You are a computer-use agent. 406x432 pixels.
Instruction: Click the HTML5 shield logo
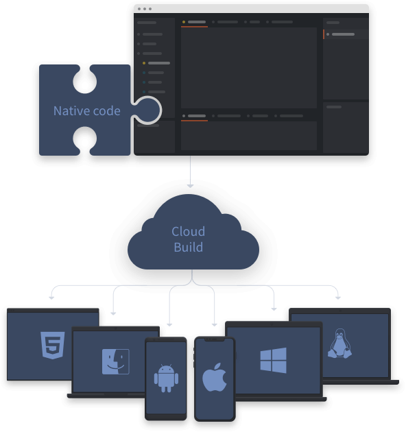[x=53, y=345]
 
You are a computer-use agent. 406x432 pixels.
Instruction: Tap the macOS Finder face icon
[x=116, y=361]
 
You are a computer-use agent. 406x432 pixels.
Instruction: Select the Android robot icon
[x=166, y=378]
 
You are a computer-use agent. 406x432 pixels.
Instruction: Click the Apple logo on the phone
[x=215, y=377]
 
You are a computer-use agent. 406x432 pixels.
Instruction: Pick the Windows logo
[x=273, y=361]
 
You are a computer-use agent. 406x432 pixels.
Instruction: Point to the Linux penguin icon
[x=339, y=344]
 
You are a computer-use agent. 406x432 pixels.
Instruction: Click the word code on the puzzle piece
[x=107, y=111]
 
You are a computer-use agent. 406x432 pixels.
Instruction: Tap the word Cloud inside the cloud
[x=188, y=232]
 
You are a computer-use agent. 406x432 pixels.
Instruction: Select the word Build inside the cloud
[x=188, y=247]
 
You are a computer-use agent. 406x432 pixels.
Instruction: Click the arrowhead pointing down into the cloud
[x=190, y=186]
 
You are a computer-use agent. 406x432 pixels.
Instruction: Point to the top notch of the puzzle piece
[x=85, y=80]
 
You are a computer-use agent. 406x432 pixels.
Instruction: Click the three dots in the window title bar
[x=145, y=9]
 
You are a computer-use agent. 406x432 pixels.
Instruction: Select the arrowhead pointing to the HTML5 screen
[x=51, y=298]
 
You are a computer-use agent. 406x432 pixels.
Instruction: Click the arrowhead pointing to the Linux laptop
[x=338, y=298]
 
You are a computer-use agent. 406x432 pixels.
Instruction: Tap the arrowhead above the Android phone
[x=169, y=325]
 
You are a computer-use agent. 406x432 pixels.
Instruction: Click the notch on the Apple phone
[x=215, y=339]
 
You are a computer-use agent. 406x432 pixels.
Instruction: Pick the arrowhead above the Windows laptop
[x=274, y=309]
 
